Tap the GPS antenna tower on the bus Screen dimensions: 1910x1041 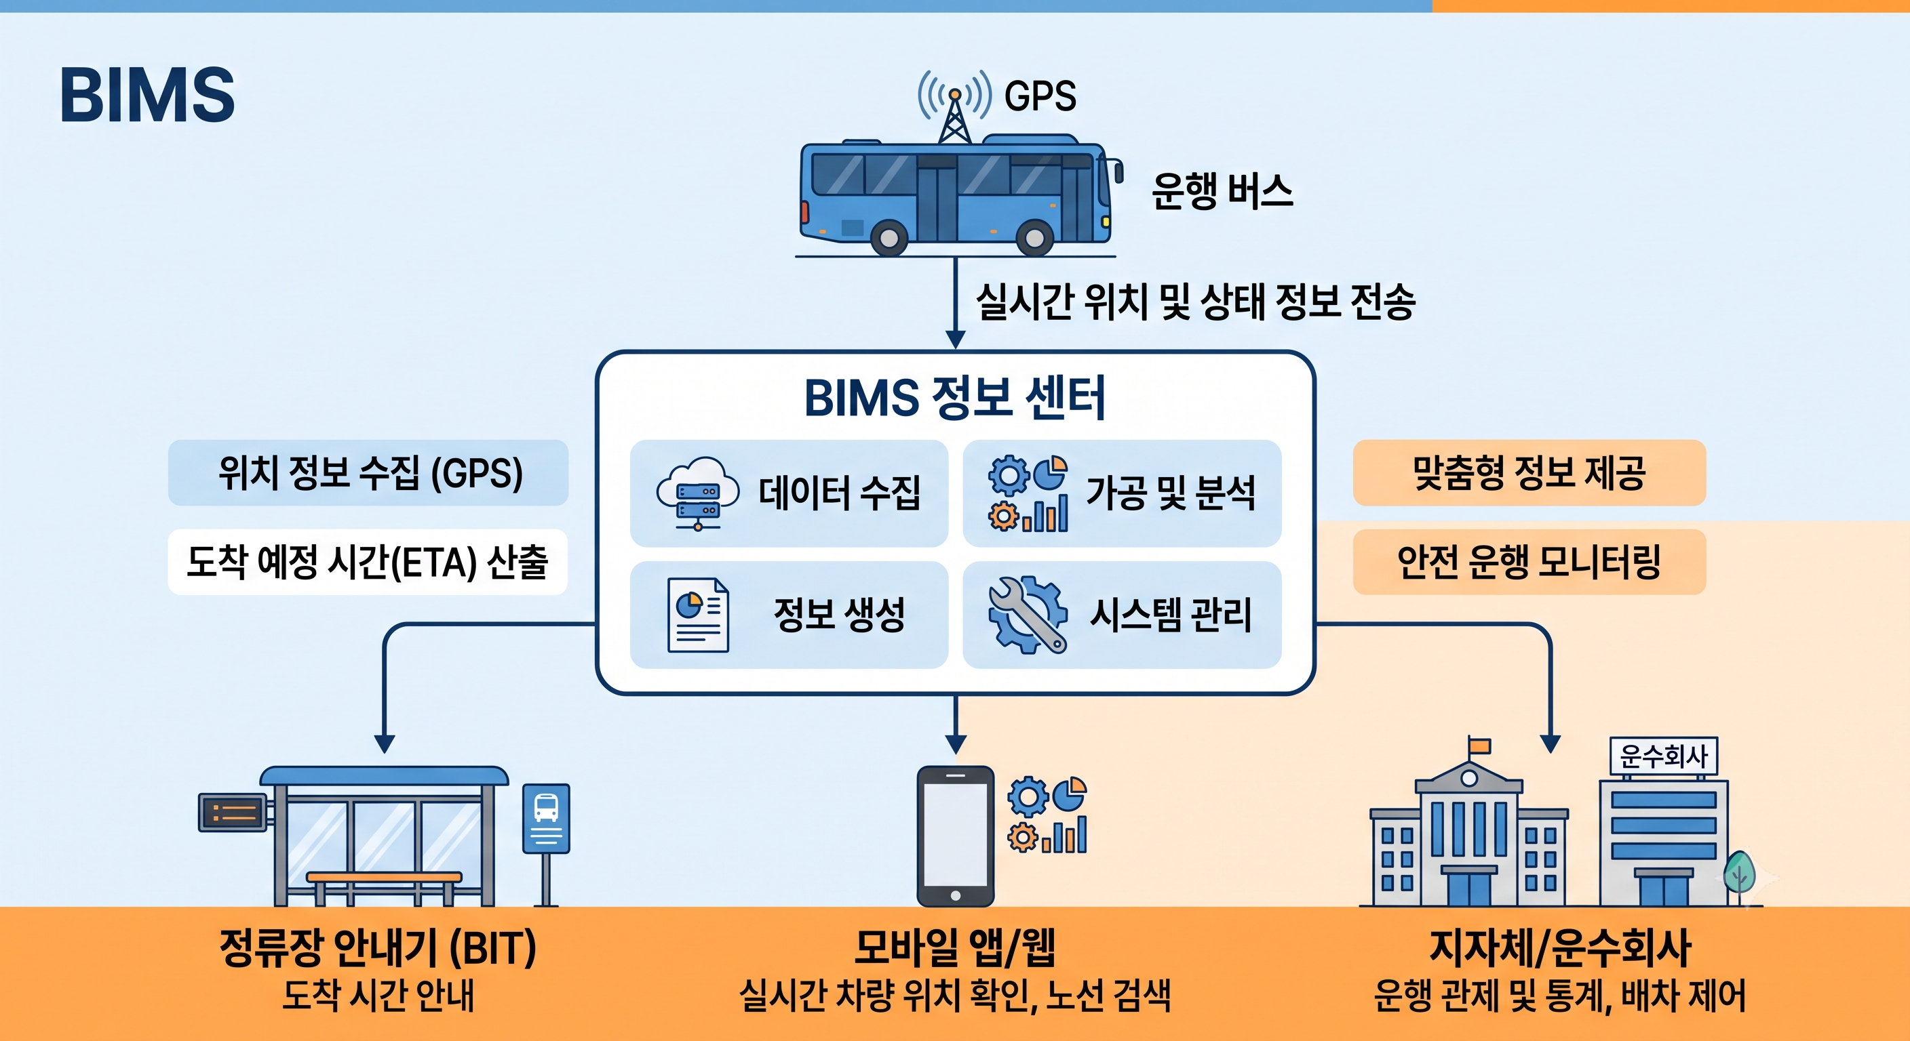pos(954,117)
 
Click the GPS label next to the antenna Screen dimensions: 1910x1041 pos(1040,96)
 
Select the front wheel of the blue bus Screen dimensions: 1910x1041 pos(1034,238)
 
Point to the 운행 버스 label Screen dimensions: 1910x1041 pos(1222,191)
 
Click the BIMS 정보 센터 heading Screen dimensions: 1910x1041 pos(955,398)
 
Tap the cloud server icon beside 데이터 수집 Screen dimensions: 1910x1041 pos(698,493)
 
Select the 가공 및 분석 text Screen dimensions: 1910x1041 pos(1171,493)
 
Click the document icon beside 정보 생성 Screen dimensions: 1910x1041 pos(698,615)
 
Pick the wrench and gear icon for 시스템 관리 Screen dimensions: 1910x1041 pos(1028,615)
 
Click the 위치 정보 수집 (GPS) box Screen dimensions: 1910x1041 pos(368,472)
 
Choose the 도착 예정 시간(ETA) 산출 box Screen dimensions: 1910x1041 pos(368,562)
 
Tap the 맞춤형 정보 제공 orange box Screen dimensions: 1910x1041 pos(1529,472)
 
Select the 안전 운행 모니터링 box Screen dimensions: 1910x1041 pos(1529,562)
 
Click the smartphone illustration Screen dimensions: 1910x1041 pos(955,836)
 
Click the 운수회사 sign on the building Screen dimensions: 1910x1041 pos(1664,756)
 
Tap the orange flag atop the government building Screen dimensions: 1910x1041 pos(1480,746)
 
